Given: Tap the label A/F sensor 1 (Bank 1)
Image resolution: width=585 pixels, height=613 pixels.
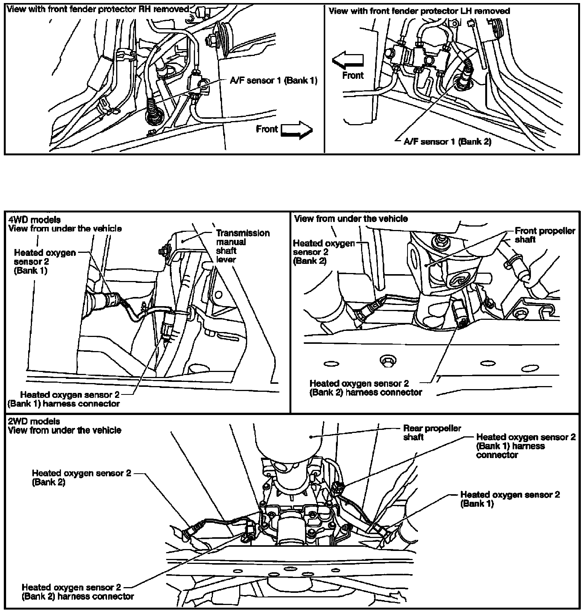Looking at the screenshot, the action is (x=273, y=80).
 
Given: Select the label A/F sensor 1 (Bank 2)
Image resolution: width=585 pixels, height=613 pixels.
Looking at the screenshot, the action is (x=448, y=142).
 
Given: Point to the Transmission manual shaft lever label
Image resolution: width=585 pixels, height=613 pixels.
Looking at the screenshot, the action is (x=243, y=246).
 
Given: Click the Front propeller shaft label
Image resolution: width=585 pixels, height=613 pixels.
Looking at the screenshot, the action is (x=545, y=235).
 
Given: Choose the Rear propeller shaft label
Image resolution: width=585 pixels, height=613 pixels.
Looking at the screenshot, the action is (x=432, y=433).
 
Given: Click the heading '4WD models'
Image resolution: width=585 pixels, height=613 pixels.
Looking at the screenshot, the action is (x=34, y=220).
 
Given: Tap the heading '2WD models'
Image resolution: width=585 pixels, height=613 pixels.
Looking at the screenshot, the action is (x=34, y=421).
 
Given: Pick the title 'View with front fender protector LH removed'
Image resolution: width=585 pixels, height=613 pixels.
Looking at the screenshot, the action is (x=419, y=11).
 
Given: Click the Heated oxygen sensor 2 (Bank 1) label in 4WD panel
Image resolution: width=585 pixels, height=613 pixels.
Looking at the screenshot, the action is (x=45, y=262).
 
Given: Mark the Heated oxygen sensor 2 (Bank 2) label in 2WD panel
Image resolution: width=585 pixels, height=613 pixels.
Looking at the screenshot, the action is (x=82, y=477).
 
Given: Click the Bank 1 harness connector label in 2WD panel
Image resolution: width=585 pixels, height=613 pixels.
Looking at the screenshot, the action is (x=526, y=446).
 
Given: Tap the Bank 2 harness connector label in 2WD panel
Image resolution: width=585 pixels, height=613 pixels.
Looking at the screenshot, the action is (x=78, y=591).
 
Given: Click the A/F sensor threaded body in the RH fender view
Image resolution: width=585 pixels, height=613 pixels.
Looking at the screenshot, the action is (x=154, y=110).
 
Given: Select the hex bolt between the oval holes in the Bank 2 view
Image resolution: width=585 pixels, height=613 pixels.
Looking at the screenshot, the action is (x=387, y=360).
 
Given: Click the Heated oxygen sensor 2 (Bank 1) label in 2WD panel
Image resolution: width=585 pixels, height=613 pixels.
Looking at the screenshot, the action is (x=510, y=499).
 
